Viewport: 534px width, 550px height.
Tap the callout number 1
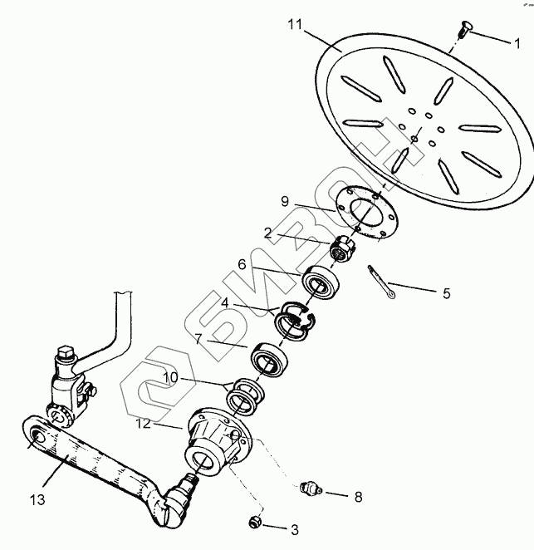coord(517,42)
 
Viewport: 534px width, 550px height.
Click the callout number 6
coord(241,263)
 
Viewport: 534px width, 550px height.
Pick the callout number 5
coord(446,292)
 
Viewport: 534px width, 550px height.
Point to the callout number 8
coord(358,498)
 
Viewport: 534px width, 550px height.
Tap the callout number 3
coord(294,528)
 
